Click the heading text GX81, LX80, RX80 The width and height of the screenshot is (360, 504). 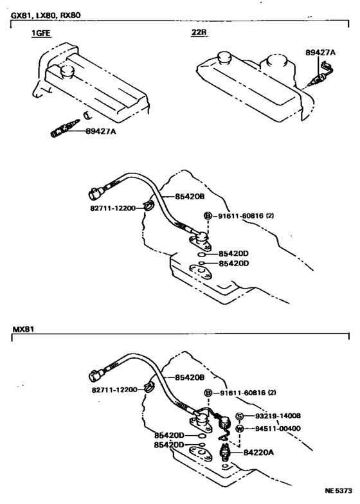45,14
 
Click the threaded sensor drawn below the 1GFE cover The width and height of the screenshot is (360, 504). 62,128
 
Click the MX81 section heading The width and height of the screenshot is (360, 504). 23,329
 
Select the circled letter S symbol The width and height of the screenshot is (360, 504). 239,416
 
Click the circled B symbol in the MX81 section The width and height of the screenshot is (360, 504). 208,393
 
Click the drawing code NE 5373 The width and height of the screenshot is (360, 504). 338,491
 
